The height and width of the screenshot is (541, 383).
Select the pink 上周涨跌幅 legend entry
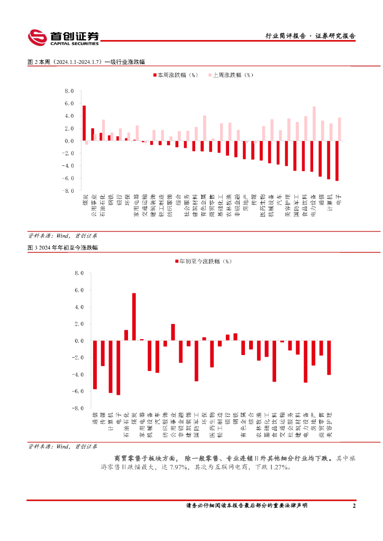point(232,75)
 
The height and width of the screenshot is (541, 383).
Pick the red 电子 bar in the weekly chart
point(337,161)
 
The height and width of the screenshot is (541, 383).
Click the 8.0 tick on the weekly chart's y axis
point(69,91)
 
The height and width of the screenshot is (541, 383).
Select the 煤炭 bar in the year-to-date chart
point(134,317)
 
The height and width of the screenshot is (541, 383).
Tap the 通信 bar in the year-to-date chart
point(95,365)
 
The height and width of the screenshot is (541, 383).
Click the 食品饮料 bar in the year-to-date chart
point(274,361)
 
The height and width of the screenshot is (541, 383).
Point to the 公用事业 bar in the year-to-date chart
point(173,332)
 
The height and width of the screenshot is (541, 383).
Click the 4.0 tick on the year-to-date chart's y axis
point(79,307)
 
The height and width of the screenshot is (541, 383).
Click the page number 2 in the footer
point(354,506)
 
